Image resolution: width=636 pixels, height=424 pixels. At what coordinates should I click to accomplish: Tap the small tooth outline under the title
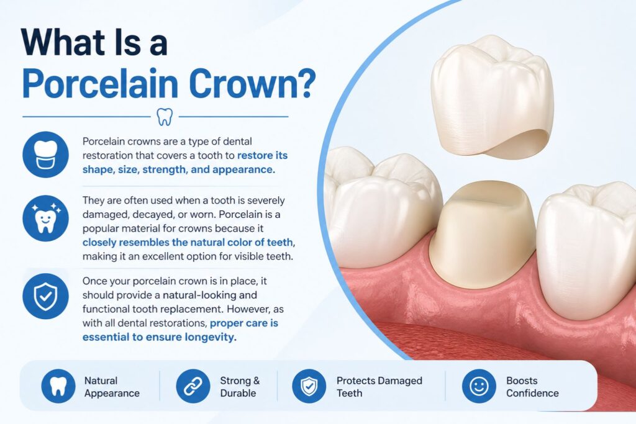165,116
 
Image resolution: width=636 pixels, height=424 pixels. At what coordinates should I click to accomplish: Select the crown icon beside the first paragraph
45,155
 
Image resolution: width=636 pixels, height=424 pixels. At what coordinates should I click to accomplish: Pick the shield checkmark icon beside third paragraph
45,296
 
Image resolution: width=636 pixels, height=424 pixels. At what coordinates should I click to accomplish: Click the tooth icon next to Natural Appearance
58,386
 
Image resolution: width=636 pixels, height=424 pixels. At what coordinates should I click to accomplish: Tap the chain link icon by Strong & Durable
193,386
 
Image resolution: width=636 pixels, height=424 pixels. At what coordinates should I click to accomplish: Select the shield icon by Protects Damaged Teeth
309,386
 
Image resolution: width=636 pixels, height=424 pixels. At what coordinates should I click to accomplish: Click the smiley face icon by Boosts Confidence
479,386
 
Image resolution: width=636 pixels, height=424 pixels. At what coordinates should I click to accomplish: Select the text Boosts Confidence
532,387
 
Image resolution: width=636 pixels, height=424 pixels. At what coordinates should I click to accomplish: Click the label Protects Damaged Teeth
379,387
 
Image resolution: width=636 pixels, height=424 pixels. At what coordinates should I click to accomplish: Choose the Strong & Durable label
239,387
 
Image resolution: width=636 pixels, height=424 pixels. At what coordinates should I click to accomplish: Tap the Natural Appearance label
112,387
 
